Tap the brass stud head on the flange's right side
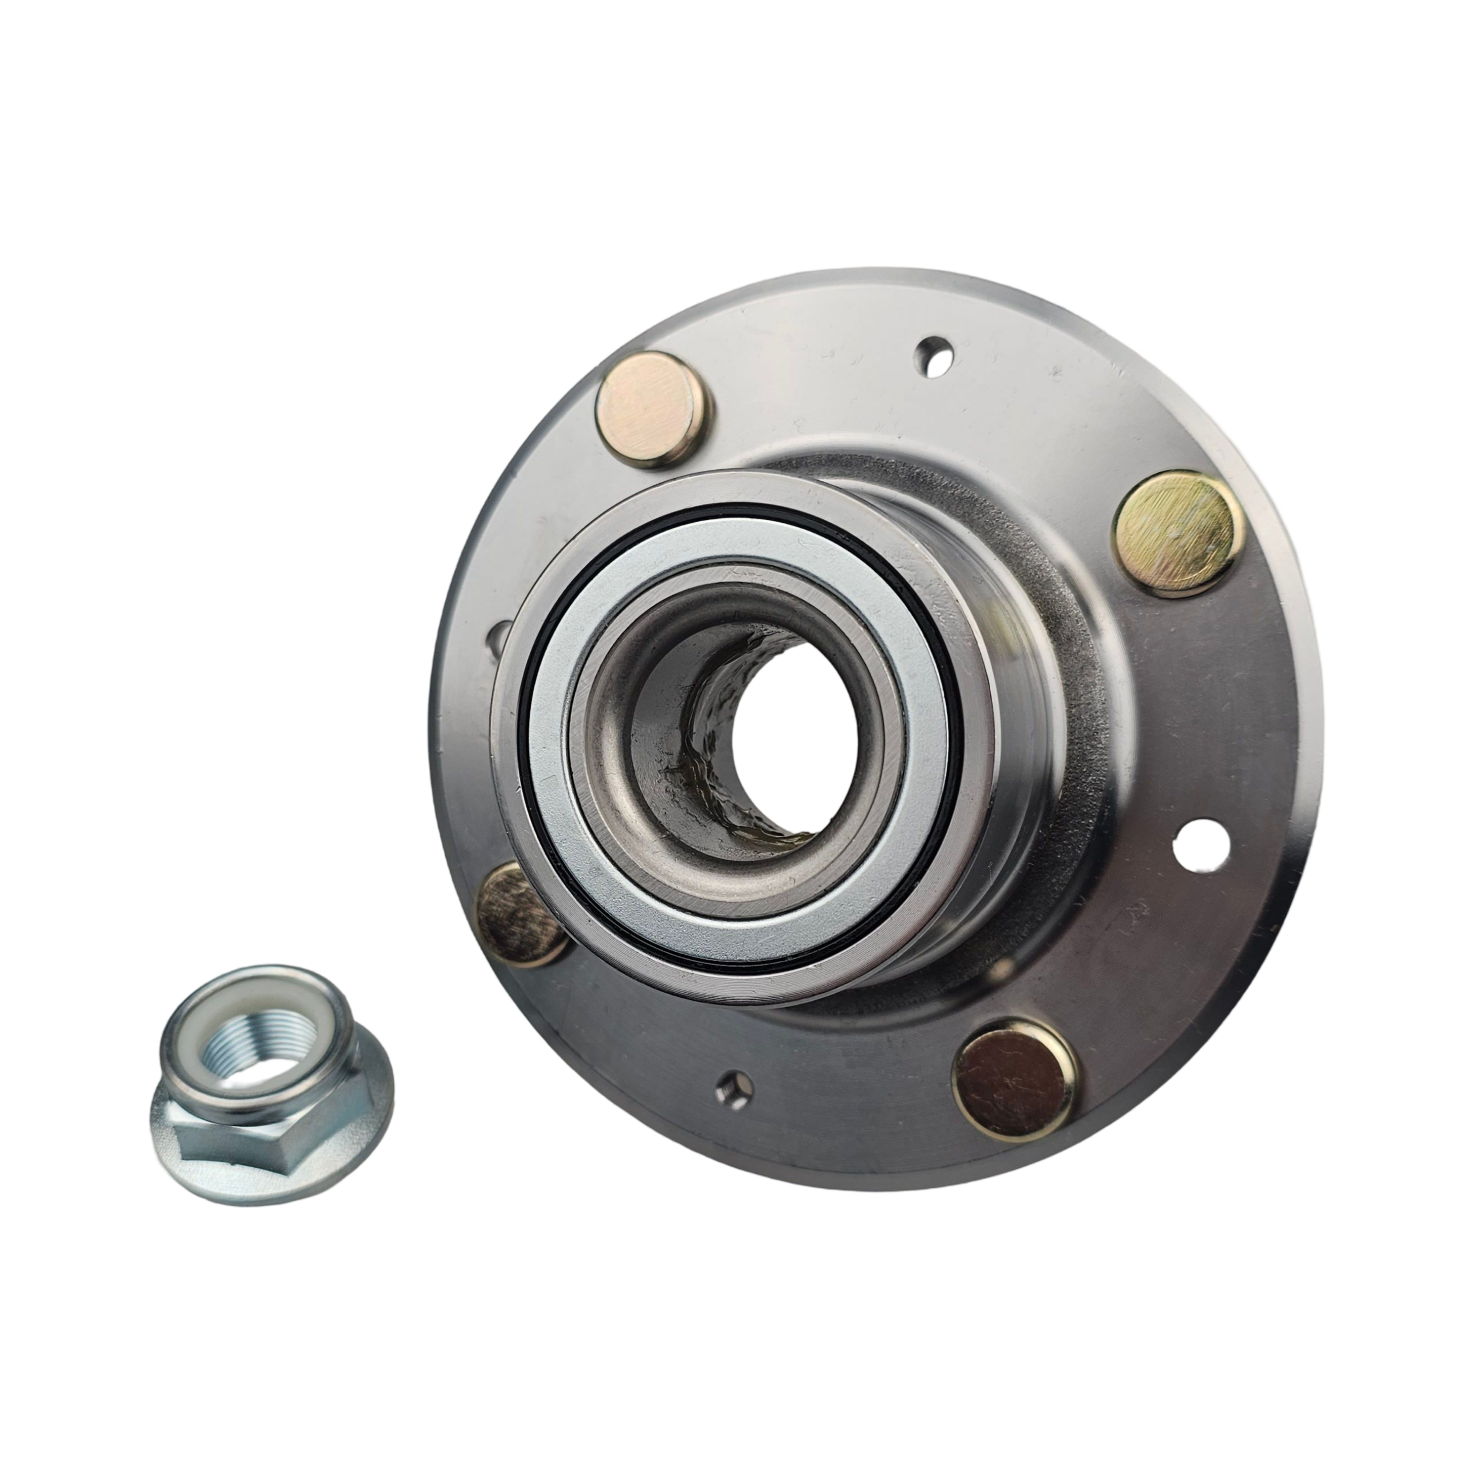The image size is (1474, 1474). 1177,532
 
